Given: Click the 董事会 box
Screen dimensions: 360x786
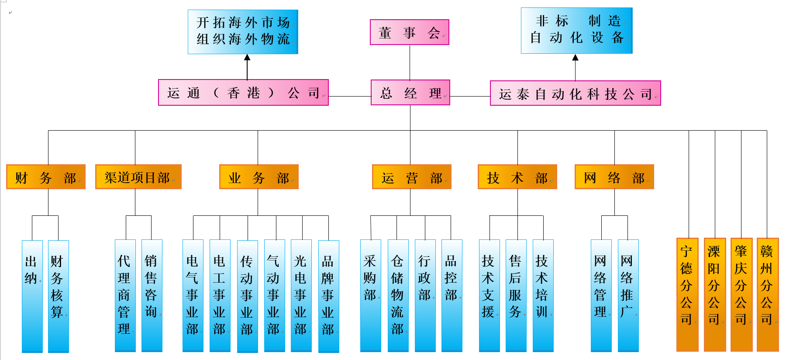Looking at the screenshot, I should click(409, 32).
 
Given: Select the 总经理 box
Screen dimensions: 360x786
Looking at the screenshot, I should click(410, 93).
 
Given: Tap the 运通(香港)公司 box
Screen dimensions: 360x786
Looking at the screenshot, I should click(243, 93).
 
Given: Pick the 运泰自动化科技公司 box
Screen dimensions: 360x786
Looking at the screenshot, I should click(575, 93).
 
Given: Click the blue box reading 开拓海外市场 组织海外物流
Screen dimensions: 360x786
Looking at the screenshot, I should click(243, 32).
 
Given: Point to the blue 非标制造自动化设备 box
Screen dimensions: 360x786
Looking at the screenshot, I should click(576, 31).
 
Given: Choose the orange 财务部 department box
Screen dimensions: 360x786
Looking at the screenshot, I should click(46, 177).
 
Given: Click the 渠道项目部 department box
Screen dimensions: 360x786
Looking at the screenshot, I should click(138, 177).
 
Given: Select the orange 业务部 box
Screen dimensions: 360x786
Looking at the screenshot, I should click(259, 177).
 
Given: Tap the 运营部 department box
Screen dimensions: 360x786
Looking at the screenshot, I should click(411, 177).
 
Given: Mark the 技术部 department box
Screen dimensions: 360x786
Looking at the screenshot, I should click(517, 177).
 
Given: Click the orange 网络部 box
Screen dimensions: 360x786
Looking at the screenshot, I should click(614, 177).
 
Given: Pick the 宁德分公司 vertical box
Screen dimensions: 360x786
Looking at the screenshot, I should click(687, 294).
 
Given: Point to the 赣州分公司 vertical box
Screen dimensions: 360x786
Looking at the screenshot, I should click(767, 294).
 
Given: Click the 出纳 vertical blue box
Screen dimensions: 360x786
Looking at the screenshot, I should click(32, 296).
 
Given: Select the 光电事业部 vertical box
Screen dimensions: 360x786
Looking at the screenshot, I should click(301, 295).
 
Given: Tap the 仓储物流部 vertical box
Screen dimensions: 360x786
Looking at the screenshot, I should click(398, 295).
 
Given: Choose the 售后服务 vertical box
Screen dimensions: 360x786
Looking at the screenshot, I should click(516, 295).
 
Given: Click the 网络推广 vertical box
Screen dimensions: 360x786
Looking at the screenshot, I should click(628, 295).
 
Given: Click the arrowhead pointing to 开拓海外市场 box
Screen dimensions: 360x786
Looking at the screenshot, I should click(247, 58).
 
